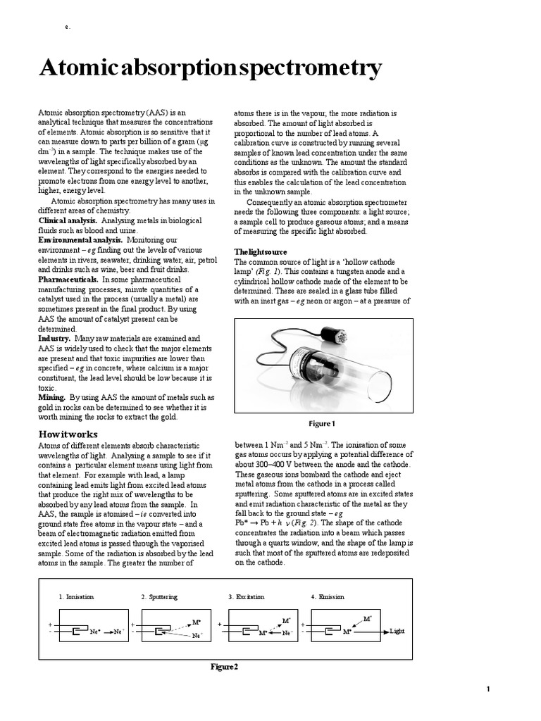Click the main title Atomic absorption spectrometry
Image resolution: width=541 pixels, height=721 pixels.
click(x=210, y=68)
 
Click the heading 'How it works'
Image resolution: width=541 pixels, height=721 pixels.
click(x=68, y=434)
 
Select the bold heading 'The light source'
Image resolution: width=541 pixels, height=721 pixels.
click(x=260, y=252)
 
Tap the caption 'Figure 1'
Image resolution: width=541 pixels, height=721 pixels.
click(x=323, y=423)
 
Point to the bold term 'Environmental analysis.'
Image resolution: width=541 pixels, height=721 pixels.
click(x=80, y=240)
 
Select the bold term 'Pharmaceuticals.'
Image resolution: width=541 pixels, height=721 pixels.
click(x=70, y=280)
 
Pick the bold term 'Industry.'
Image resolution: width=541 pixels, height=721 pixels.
click(x=54, y=339)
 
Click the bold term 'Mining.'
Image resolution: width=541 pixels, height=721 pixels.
click(x=51, y=397)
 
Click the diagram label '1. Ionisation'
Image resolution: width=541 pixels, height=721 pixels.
click(x=76, y=596)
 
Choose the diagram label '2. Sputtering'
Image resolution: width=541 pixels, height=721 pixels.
click(x=159, y=596)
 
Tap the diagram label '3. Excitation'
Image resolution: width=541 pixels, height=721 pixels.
click(x=246, y=596)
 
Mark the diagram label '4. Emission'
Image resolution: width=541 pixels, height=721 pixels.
click(x=328, y=596)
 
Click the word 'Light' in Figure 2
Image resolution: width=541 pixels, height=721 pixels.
click(x=397, y=632)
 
